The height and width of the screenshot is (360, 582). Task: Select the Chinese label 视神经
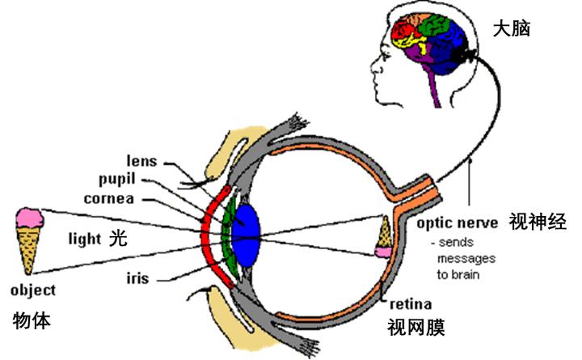536,220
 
